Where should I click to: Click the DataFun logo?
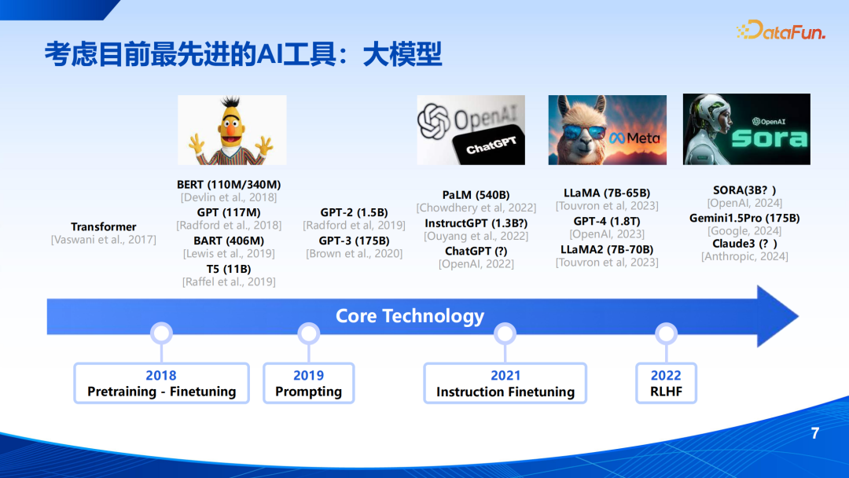point(781,31)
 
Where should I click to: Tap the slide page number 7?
point(815,433)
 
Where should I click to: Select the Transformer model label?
point(104,227)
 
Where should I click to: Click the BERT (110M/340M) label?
point(229,185)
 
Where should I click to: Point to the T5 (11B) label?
point(229,269)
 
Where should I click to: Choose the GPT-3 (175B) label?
point(354,241)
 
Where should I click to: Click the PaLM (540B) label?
point(476,195)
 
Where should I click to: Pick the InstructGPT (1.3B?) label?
point(476,223)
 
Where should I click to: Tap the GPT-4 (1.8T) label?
point(607,222)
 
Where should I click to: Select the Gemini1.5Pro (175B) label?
point(744,218)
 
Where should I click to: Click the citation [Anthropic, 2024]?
point(744,256)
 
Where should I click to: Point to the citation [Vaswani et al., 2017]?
point(104,240)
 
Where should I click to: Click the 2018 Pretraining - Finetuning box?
point(161,384)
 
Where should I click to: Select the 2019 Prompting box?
point(309,384)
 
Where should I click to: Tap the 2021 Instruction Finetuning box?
point(505,384)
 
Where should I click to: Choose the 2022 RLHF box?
point(666,384)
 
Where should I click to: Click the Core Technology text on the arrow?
point(410,316)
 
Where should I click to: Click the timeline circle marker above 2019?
point(309,333)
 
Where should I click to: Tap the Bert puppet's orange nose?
point(231,131)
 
